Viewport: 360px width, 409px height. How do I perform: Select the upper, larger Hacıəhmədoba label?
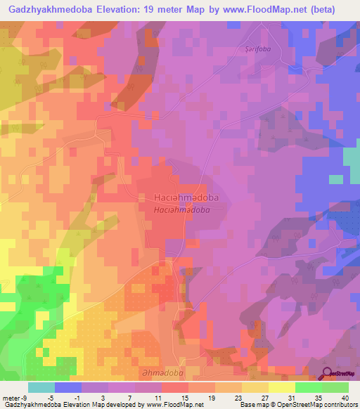click(186, 198)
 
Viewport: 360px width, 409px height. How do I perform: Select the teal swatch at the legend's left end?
click(41, 387)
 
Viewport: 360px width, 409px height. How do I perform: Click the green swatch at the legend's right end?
click(335, 387)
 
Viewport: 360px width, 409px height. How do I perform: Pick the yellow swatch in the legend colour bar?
click(281, 387)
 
